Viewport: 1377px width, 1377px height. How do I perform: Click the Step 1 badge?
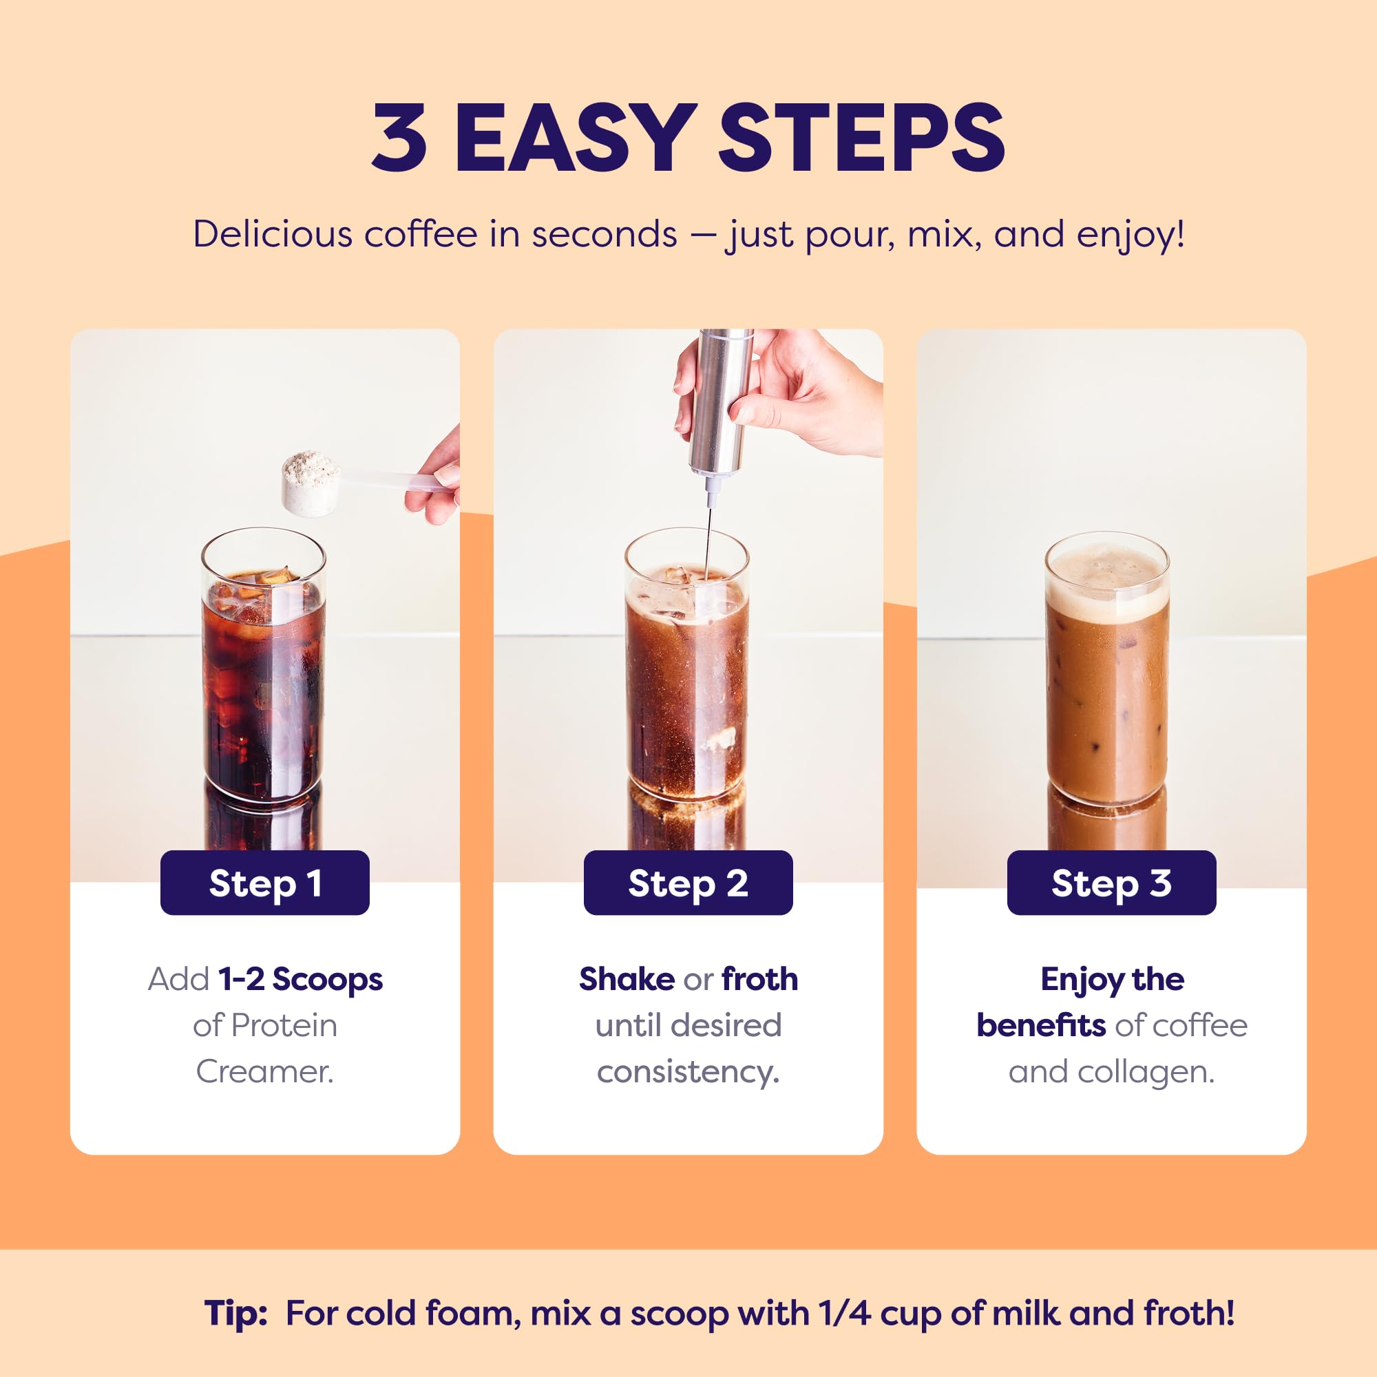[264, 883]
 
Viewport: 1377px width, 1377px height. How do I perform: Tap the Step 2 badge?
[688, 883]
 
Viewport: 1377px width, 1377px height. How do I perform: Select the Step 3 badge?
[1111, 883]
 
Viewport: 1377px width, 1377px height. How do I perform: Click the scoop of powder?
[311, 481]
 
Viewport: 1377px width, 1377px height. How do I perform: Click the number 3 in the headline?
[400, 137]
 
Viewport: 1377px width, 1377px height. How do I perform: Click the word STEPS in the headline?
[862, 137]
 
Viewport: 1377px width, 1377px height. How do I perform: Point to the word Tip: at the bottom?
[236, 1314]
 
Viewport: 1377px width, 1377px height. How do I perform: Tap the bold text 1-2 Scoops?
[301, 980]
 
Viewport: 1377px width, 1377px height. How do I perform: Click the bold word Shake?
[627, 978]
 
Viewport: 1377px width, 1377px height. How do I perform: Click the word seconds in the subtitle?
[604, 235]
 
